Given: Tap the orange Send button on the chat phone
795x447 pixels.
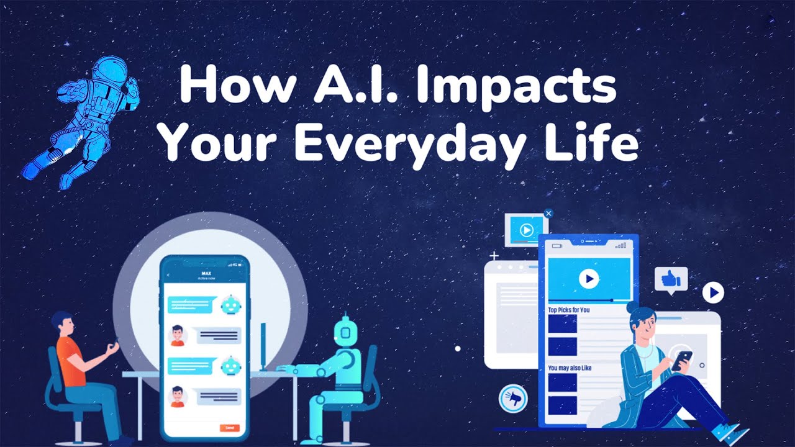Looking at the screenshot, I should click(x=229, y=428).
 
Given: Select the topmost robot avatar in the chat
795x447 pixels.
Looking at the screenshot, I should click(x=230, y=305).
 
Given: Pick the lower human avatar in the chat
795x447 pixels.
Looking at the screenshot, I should click(x=178, y=396).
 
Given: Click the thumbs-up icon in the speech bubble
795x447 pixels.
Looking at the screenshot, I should click(x=670, y=279).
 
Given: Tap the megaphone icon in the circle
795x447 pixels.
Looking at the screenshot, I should click(x=513, y=399).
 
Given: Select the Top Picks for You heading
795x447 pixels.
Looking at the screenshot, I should click(x=568, y=310).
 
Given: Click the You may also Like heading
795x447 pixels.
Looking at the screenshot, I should click(x=570, y=368).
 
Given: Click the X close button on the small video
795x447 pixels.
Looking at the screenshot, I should click(x=548, y=214).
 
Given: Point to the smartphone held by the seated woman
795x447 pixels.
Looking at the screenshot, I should click(x=681, y=359).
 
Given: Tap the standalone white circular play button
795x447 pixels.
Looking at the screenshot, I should click(x=714, y=292).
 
